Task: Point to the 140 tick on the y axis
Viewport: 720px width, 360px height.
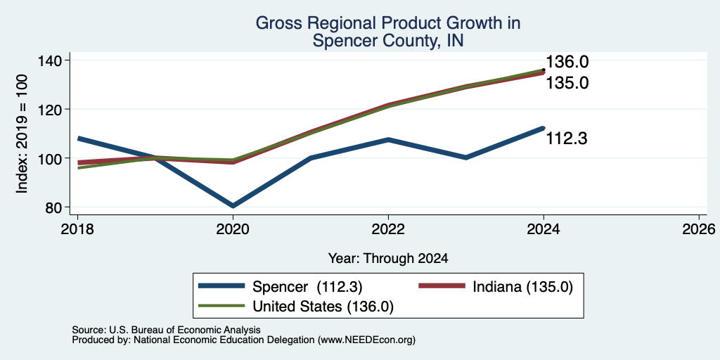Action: [x=56, y=60]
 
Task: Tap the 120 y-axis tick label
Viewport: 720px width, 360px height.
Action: [x=56, y=109]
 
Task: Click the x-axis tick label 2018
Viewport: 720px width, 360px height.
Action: [x=77, y=229]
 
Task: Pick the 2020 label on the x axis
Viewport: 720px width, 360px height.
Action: [x=233, y=229]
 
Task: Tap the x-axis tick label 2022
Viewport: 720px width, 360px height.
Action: [x=388, y=229]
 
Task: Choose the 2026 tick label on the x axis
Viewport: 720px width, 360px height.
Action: [x=699, y=229]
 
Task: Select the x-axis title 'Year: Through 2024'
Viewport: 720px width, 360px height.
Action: [x=388, y=259]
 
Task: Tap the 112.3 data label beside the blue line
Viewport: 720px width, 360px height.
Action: [x=566, y=139]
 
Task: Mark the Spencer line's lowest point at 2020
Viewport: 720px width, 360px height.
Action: [x=233, y=206]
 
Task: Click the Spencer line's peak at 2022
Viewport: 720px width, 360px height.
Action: [x=388, y=139]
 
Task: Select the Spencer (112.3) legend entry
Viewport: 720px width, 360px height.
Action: [x=281, y=287]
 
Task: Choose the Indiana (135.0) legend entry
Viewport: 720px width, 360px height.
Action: [x=496, y=287]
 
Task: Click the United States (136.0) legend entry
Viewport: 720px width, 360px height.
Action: [x=296, y=307]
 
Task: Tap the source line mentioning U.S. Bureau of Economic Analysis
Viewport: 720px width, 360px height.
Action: [x=166, y=330]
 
